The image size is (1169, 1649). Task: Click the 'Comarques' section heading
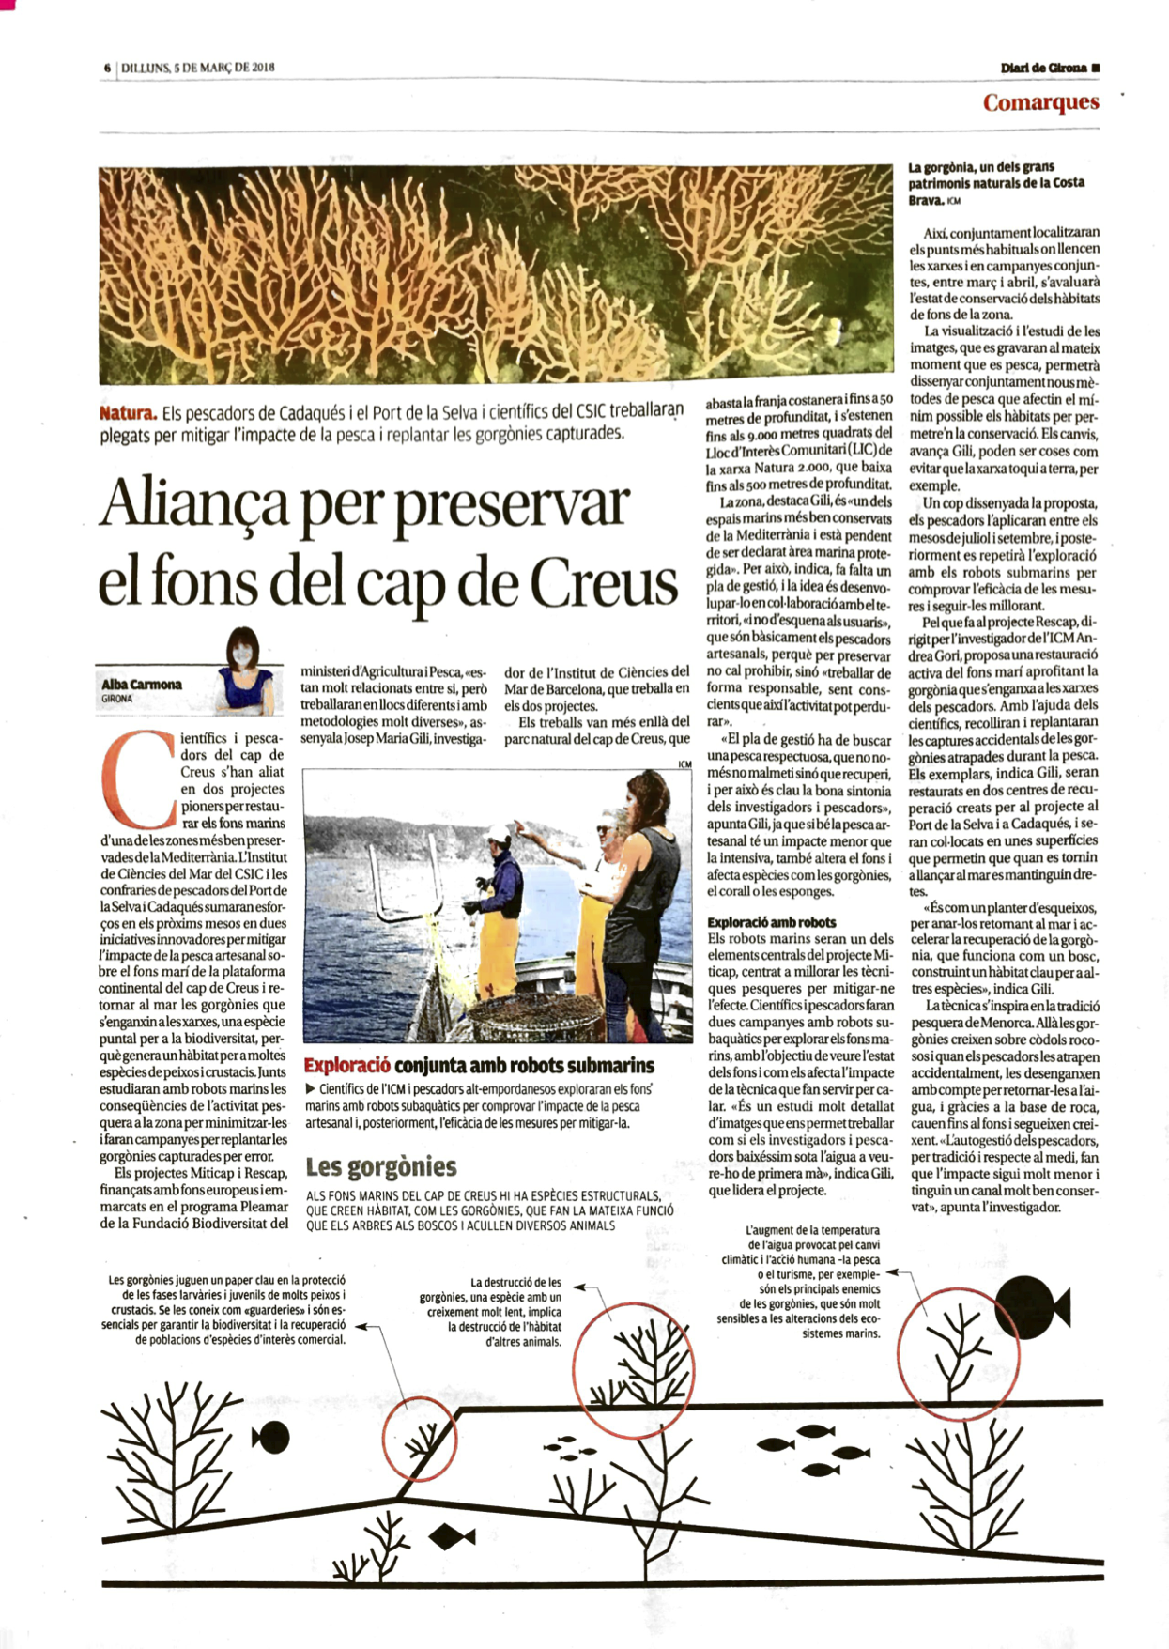pyautogui.click(x=1040, y=102)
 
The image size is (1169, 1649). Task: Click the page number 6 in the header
pyautogui.click(x=108, y=68)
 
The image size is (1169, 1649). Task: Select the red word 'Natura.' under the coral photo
pyautogui.click(x=128, y=413)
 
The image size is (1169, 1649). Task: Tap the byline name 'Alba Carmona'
pyautogui.click(x=142, y=684)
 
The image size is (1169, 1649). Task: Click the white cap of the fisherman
pyautogui.click(x=496, y=833)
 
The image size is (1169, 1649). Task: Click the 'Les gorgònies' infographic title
pyautogui.click(x=380, y=1166)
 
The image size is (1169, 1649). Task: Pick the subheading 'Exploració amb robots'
pyautogui.click(x=771, y=922)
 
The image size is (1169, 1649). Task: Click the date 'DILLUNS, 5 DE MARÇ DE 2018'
pyautogui.click(x=198, y=68)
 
